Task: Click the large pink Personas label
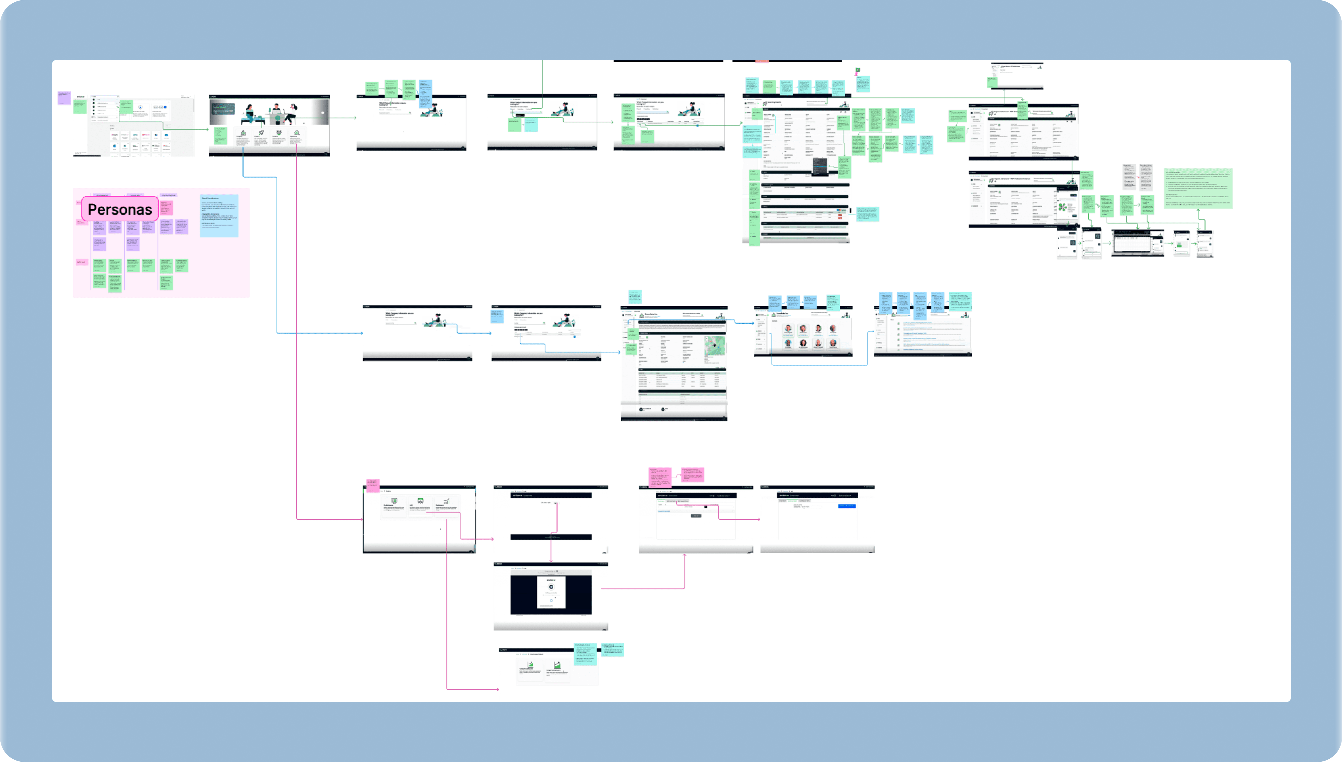coord(120,209)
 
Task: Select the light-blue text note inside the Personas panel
coord(219,215)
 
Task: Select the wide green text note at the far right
coord(1198,188)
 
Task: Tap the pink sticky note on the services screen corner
coord(372,485)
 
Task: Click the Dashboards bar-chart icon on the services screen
coord(446,501)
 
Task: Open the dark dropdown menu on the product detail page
coord(820,166)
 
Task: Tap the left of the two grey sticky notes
coord(1129,177)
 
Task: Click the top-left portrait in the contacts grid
coord(788,329)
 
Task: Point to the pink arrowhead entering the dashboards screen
coord(497,689)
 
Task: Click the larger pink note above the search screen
coord(660,478)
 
